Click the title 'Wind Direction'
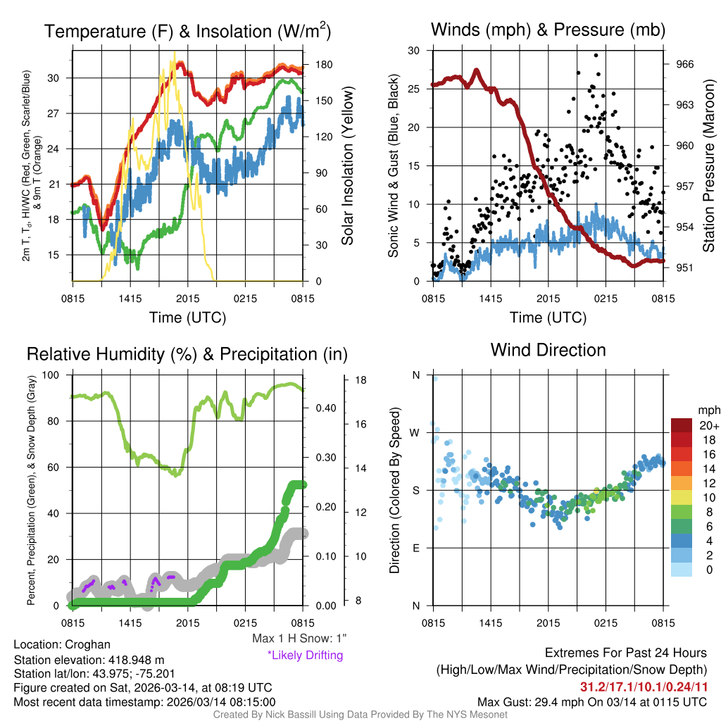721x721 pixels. coord(548,350)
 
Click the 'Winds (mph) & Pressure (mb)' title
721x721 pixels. coord(548,30)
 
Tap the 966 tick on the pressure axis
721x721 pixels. coord(685,64)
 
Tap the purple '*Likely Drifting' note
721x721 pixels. coord(305,655)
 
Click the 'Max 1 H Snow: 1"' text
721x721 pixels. coord(299,638)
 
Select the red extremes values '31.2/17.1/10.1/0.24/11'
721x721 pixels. coord(644,686)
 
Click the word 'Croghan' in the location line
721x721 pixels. coord(87,645)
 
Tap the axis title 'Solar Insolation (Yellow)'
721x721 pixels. coord(348,166)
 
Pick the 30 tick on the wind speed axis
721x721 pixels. coord(414,51)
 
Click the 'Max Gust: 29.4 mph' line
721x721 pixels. coord(591,701)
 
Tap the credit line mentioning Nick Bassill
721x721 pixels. coord(360,714)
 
